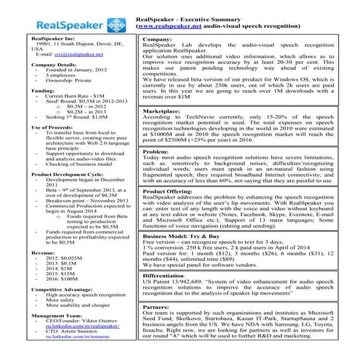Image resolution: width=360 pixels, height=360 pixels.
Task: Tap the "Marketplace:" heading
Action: coord(161,111)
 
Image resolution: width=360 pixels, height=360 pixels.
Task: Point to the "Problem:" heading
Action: coord(156,152)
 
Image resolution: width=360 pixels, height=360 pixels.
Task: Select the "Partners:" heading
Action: coord(157,308)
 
